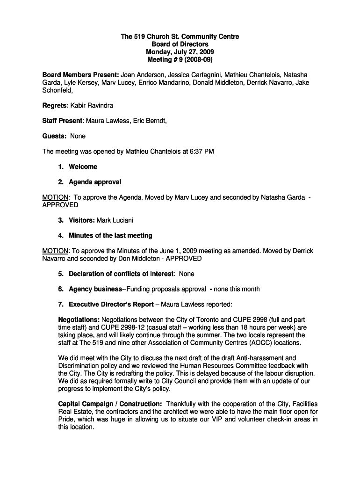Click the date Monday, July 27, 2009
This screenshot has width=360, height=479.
click(180, 52)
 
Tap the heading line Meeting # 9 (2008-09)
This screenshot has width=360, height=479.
click(180, 60)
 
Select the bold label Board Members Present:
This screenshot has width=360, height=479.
click(80, 75)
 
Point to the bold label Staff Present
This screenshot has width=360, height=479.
click(63, 121)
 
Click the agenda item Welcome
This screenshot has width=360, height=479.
click(83, 167)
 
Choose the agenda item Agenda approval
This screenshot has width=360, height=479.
click(94, 182)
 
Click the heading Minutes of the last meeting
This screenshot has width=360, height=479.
click(110, 235)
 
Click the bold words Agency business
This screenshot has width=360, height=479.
click(95, 289)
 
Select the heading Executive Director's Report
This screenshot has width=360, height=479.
click(111, 305)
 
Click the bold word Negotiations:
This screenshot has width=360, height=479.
click(79, 319)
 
